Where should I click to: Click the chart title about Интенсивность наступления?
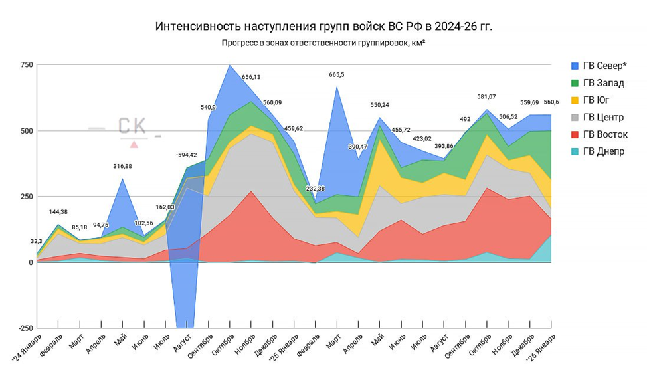click(323, 27)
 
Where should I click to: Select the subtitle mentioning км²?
click(323, 44)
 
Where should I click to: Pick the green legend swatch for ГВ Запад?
click(575, 82)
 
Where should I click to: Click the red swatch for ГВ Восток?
click(575, 134)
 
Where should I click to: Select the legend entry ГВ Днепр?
click(602, 151)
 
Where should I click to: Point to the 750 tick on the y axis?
click(25, 64)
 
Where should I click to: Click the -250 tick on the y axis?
click(23, 328)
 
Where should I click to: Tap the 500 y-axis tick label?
click(25, 130)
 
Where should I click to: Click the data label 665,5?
click(336, 74)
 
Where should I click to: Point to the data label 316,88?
click(123, 166)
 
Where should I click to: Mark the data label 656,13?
click(250, 77)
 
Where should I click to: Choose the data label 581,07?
click(487, 97)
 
